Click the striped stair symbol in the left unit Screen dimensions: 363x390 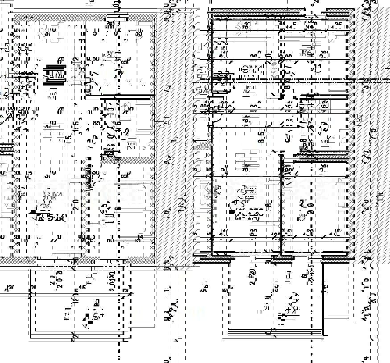coord(55,75)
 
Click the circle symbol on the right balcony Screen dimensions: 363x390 coord(293,298)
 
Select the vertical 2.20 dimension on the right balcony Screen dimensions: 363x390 coord(253,277)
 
